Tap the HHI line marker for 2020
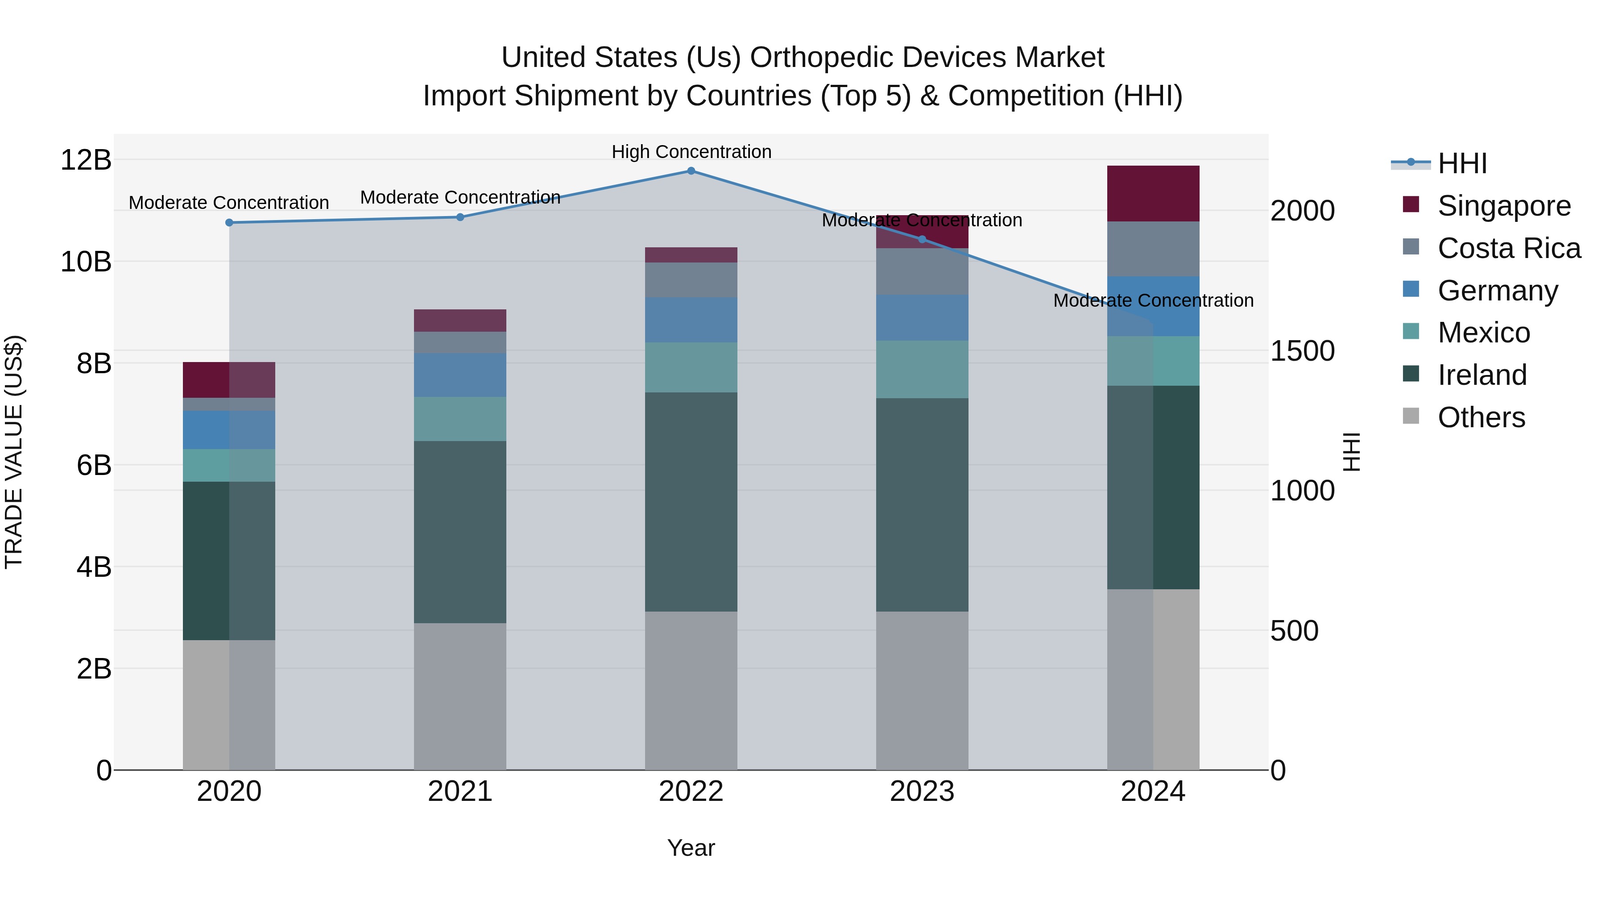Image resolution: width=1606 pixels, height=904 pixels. click(x=229, y=223)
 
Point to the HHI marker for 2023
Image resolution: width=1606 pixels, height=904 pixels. click(x=922, y=239)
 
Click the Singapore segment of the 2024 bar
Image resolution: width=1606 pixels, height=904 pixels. click(x=1153, y=193)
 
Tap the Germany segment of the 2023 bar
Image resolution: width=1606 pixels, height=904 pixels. click(x=922, y=317)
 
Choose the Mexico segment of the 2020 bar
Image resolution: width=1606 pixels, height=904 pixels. click(x=229, y=466)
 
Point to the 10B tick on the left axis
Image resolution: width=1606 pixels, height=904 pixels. click(x=86, y=262)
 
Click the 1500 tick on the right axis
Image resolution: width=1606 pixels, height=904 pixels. click(x=1302, y=350)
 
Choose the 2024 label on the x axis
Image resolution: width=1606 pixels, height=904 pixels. click(x=1153, y=792)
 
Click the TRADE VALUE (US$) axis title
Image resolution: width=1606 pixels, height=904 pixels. click(x=14, y=452)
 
